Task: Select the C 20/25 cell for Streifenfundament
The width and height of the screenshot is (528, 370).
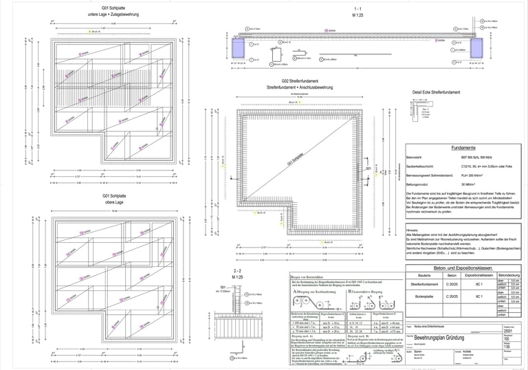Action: tap(452, 284)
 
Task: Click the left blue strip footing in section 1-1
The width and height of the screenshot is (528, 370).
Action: tap(240, 48)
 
